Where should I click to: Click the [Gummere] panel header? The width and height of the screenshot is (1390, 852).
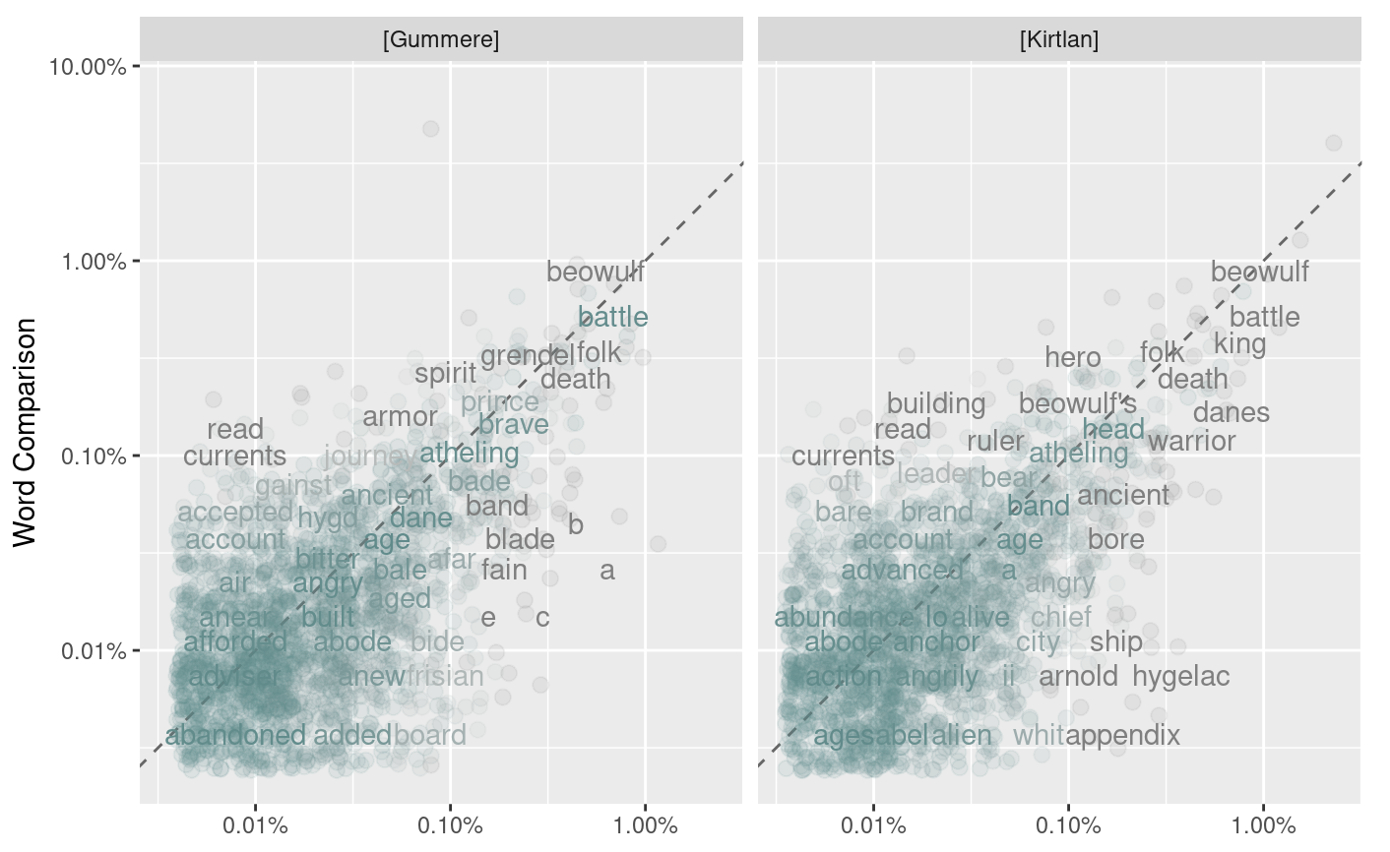pyautogui.click(x=440, y=40)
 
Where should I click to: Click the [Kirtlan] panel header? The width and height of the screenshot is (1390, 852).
pyautogui.click(x=1059, y=40)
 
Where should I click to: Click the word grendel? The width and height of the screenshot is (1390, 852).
pyautogui.click(x=528, y=356)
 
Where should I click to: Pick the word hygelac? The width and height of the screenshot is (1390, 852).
pyautogui.click(x=1180, y=677)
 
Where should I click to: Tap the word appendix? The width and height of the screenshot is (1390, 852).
pyautogui.click(x=1122, y=735)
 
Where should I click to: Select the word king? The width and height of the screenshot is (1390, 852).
pyautogui.click(x=1239, y=344)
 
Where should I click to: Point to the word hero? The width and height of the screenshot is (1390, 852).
pyautogui.click(x=1073, y=358)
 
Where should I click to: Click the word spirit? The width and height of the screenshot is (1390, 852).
pyautogui.click(x=445, y=374)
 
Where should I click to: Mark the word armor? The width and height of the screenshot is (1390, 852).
pyautogui.click(x=400, y=417)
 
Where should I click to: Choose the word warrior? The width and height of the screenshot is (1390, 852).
pyautogui.click(x=1191, y=442)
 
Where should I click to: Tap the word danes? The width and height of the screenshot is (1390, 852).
pyautogui.click(x=1231, y=413)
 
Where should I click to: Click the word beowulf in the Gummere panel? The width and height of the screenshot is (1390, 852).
pyautogui.click(x=595, y=273)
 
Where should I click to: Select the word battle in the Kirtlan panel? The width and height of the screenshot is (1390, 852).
pyautogui.click(x=1264, y=318)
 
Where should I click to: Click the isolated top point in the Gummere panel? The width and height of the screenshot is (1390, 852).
pyautogui.click(x=430, y=129)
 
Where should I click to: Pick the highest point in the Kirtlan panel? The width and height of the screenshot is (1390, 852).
pyautogui.click(x=1334, y=143)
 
